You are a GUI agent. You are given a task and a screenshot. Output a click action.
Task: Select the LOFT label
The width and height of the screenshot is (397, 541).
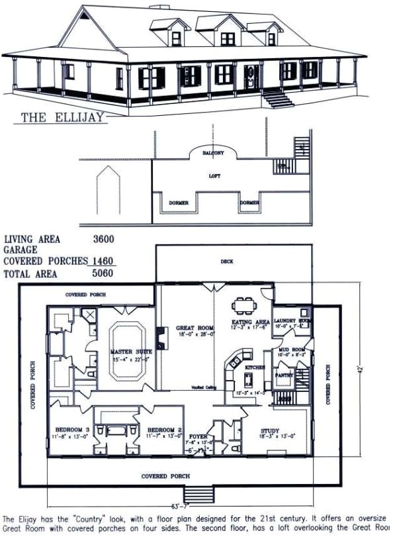click(214, 176)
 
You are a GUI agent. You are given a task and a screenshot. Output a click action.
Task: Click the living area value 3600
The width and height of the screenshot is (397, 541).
click(103, 240)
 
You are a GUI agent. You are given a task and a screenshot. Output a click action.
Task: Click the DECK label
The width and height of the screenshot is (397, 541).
click(227, 262)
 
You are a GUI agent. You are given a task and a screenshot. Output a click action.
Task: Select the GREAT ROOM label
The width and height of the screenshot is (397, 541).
click(196, 328)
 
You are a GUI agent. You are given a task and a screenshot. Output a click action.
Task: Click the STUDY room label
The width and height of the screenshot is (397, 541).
click(271, 430)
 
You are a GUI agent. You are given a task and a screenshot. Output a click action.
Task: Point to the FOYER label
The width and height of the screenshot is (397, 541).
click(198, 437)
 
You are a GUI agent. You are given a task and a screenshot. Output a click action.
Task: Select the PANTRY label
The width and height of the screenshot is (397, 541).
click(285, 375)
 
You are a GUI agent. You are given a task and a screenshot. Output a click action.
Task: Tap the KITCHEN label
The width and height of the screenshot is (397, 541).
click(255, 366)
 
